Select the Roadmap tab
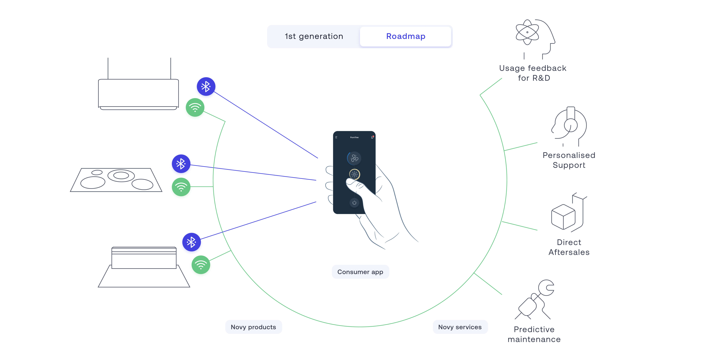(x=406, y=36)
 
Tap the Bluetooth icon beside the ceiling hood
(x=206, y=86)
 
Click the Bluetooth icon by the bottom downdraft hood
(x=191, y=242)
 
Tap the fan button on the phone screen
(x=354, y=158)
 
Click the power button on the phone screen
(x=354, y=203)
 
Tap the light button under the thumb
(x=354, y=174)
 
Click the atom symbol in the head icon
(x=527, y=32)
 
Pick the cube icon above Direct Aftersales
(x=563, y=217)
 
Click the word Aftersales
(x=569, y=252)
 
